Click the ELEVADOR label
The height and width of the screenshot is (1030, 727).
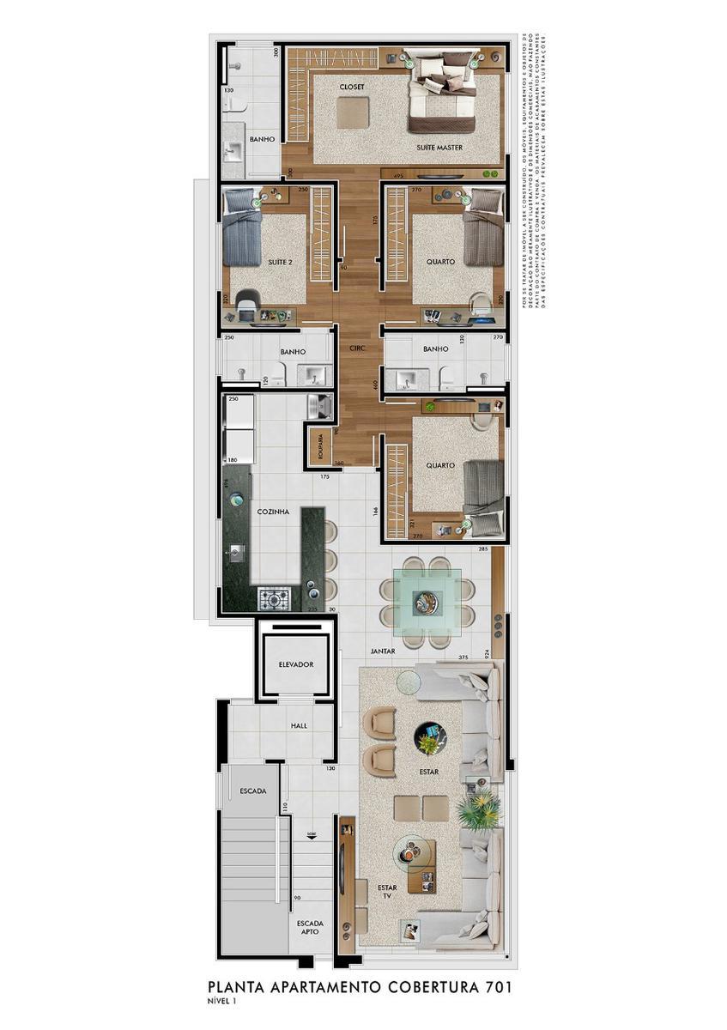295,664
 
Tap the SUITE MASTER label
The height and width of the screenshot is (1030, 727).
439,148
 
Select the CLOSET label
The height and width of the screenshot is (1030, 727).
352,88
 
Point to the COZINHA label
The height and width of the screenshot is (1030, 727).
273,512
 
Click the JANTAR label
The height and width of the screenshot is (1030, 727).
383,651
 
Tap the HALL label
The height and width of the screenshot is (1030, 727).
299,725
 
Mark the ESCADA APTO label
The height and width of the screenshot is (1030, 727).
310,930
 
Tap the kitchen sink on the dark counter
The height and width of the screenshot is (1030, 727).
238,552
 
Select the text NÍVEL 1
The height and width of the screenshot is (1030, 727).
221,1001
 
